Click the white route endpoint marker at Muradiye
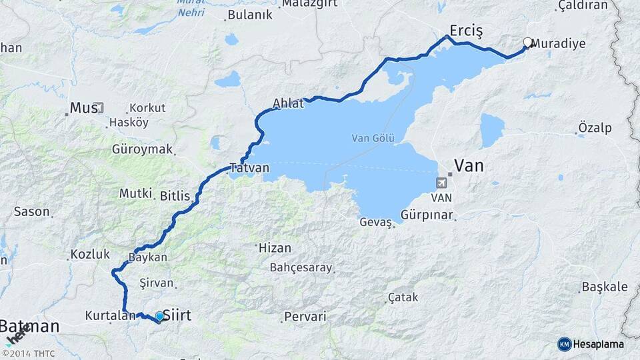pyautogui.click(x=527, y=43)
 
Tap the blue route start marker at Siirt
pyautogui.click(x=159, y=316)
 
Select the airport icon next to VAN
pyautogui.click(x=441, y=183)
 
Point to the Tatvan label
pyautogui.click(x=249, y=168)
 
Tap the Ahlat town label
pyautogui.click(x=288, y=103)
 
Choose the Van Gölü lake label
pyautogui.click(x=373, y=139)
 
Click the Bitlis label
pyautogui.click(x=175, y=196)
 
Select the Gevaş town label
pyautogui.click(x=375, y=222)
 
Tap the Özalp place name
pyautogui.click(x=595, y=128)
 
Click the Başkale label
pyautogui.click(x=605, y=287)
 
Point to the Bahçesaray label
pyautogui.click(x=301, y=267)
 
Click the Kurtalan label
pyautogui.click(x=110, y=315)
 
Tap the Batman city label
pyautogui.click(x=29, y=327)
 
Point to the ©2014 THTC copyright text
pyautogui.click(x=29, y=353)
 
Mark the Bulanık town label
pyautogui.click(x=250, y=15)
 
